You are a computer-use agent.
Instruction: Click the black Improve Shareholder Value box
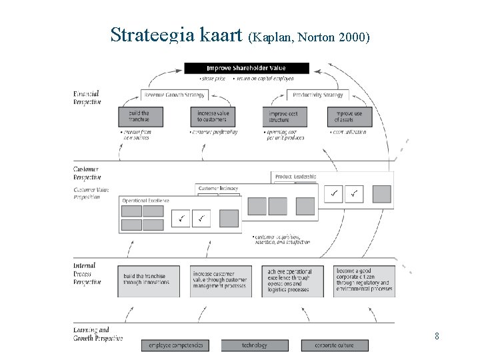tap(247, 68)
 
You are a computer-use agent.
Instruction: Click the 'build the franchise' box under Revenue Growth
tap(139, 116)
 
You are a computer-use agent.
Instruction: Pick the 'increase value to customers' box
tap(213, 116)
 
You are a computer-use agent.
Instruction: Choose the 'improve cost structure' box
tap(283, 116)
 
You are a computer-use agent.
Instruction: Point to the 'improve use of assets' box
tap(348, 116)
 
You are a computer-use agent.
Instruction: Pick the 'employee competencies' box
tap(175, 345)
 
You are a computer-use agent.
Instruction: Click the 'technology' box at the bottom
tap(255, 345)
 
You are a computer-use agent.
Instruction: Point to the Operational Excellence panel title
tap(145, 200)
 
